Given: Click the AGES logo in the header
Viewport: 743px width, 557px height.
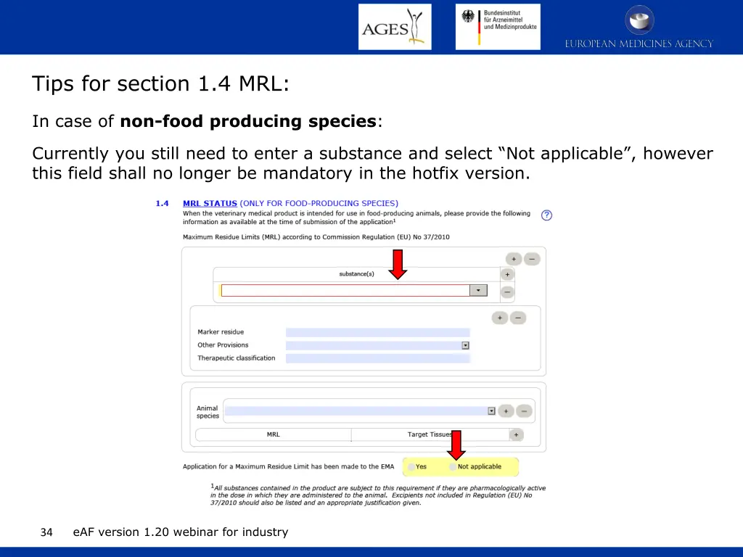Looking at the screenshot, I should pyautogui.click(x=395, y=27).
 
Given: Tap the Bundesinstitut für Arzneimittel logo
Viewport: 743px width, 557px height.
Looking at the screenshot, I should pyautogui.click(x=498, y=27).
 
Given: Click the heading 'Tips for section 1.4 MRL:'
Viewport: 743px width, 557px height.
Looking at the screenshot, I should pyautogui.click(x=160, y=84).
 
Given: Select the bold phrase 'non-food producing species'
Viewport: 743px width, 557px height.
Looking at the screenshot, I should pyautogui.click(x=248, y=121).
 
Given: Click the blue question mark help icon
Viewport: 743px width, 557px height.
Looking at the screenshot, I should pyautogui.click(x=546, y=215).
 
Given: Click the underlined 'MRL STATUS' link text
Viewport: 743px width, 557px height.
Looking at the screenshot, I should pyautogui.click(x=210, y=203).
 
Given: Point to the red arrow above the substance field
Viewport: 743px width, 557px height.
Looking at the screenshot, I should pyautogui.click(x=398, y=264).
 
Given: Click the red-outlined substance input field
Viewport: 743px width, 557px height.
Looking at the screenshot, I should pyautogui.click(x=345, y=290).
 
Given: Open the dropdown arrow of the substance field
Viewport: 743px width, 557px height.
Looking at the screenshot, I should pyautogui.click(x=479, y=290).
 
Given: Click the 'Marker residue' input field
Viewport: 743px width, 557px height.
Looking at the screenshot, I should pyautogui.click(x=377, y=332).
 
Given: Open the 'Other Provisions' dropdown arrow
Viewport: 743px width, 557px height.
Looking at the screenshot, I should pyautogui.click(x=466, y=345).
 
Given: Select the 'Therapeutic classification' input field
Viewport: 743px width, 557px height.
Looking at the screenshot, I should pyautogui.click(x=377, y=358).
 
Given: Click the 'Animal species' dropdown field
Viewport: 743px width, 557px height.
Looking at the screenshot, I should pyautogui.click(x=356, y=410).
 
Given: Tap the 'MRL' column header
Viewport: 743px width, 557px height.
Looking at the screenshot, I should pyautogui.click(x=273, y=434).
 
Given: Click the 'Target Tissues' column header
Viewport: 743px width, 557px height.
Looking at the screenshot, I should pyautogui.click(x=430, y=434).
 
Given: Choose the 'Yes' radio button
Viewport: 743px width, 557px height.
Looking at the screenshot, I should pyautogui.click(x=411, y=467).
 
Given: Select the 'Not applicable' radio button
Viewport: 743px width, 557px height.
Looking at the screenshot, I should pyautogui.click(x=453, y=467).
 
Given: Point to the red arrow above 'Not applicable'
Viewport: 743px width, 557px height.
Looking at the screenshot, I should pyautogui.click(x=456, y=445).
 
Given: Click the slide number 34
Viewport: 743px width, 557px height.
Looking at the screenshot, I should pyautogui.click(x=46, y=532).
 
